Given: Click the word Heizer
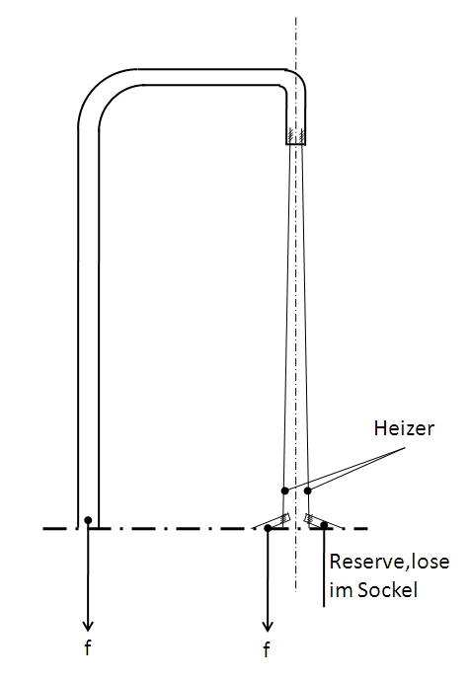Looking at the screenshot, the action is coord(404,428).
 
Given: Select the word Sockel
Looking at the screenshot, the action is coord(387,590).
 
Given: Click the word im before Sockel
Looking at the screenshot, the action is coord(342,590).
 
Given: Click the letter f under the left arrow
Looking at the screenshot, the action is coord(88,647).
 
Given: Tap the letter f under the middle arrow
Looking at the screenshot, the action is coord(267,649).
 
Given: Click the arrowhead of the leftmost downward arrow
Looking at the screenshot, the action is coord(88,626).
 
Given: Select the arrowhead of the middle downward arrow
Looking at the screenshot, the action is coord(268,626).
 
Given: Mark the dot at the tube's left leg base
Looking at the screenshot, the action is coord(88,520).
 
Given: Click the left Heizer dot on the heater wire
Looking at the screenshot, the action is coord(284,491).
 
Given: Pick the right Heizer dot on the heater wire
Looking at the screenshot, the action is coord(308,491).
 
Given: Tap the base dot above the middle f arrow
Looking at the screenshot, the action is coord(268,528).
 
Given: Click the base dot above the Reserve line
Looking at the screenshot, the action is coord(324,525).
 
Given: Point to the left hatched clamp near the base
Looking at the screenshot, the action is coord(284,518).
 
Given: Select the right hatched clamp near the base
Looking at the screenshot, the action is coord(310,518).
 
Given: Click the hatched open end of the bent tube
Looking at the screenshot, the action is coord(296,136).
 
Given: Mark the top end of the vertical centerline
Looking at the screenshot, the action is coord(296,18).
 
